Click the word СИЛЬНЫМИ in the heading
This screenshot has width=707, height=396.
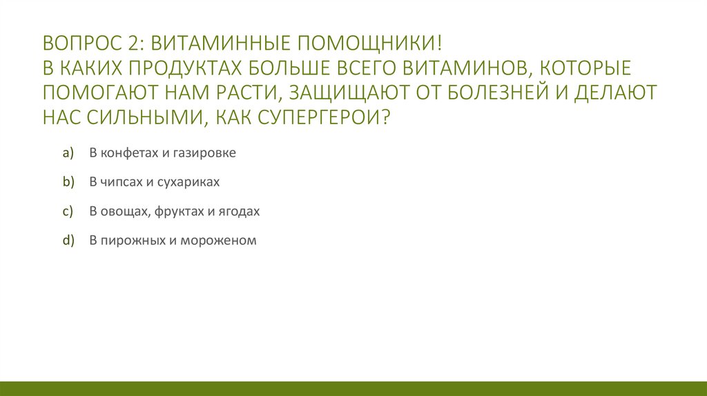(136, 114)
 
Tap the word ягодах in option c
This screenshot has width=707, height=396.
(240, 212)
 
